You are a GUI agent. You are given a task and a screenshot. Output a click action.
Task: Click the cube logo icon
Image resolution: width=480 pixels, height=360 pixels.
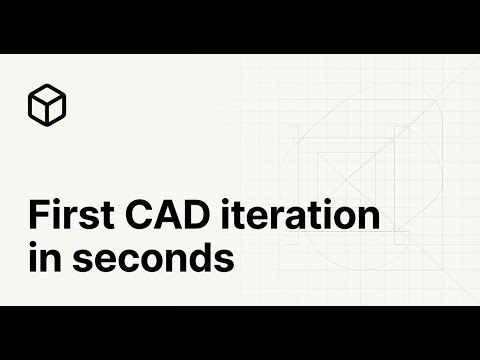(x=47, y=103)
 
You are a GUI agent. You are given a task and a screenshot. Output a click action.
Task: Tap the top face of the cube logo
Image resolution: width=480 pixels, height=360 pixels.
(x=47, y=93)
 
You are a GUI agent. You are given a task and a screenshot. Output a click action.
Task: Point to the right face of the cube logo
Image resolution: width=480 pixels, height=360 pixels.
(x=56, y=108)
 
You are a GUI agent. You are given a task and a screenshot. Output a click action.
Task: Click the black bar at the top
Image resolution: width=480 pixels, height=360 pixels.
(x=240, y=26)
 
